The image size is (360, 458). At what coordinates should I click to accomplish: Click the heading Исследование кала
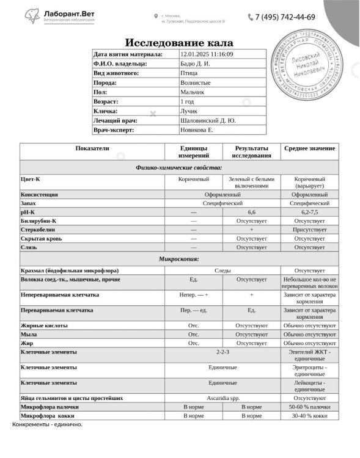[178, 42]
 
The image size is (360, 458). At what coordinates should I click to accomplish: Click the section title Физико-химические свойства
[178, 167]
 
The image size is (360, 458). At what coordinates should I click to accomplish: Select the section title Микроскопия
[178, 259]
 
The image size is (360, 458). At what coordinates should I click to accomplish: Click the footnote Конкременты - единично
[47, 424]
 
